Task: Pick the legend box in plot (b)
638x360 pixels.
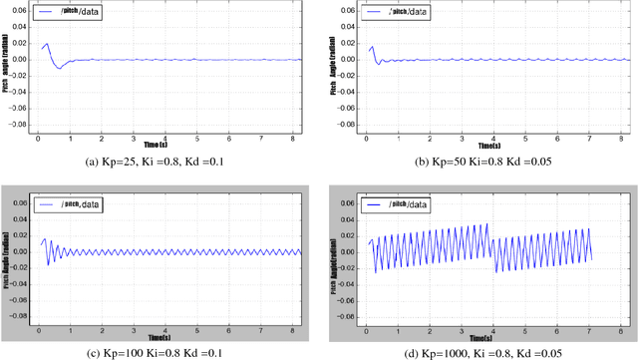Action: [x=399, y=13]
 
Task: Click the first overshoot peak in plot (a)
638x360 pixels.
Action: [x=46, y=44]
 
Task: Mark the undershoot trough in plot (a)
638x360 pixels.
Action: [x=59, y=68]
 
